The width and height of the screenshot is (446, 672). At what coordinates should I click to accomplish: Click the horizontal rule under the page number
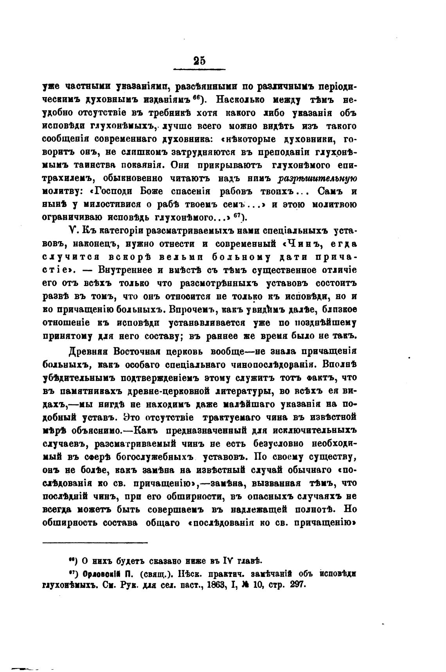(x=199, y=70)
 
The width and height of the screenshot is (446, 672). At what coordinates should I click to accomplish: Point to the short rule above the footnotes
(x=95, y=542)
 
